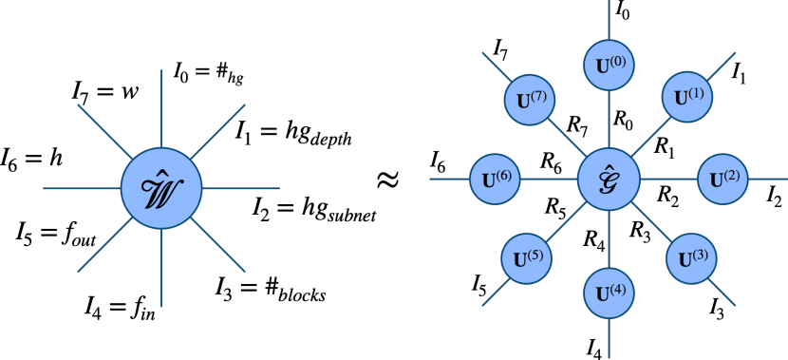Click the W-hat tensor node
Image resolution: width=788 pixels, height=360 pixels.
coord(161,188)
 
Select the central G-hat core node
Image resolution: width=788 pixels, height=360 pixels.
coord(609,179)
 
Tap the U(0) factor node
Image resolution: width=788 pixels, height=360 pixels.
coord(609,66)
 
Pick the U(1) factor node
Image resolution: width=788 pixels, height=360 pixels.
coord(687,97)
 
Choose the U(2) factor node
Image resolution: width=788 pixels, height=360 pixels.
coord(723,179)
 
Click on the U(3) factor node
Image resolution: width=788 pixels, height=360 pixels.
coord(690,258)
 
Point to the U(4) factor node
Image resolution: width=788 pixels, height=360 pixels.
coord(609,293)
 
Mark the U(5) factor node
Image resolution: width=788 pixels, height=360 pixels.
coord(528,258)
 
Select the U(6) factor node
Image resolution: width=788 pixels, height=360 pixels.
coord(495,179)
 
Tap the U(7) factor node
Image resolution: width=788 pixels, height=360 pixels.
coord(529,100)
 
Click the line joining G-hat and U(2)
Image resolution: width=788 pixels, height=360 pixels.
coord(668,179)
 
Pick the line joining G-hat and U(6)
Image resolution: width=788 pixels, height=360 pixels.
coord(550,179)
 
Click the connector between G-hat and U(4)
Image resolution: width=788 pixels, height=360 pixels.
coord(609,238)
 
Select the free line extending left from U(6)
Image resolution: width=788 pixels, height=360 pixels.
coord(449,179)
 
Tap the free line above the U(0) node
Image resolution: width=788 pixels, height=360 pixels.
coord(609,19)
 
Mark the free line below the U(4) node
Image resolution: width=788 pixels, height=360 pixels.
coord(609,338)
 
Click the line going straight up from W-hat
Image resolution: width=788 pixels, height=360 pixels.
coord(161,108)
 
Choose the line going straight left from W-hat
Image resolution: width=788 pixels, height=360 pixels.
coord(82,188)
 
